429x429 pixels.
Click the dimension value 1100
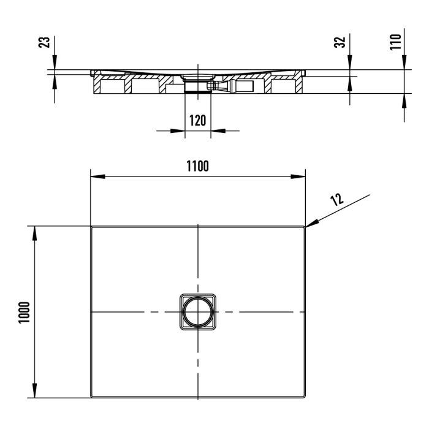click(x=197, y=165)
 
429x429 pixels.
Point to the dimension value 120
click(x=197, y=120)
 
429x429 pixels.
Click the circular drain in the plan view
click(x=197, y=312)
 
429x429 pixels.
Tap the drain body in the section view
click(x=197, y=83)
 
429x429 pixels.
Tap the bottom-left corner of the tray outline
click(x=92, y=397)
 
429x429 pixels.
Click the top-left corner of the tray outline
click(x=92, y=227)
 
